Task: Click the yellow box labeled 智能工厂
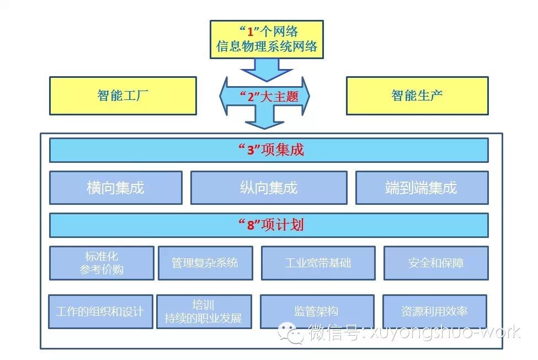(x=122, y=96)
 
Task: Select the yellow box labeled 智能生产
(x=417, y=96)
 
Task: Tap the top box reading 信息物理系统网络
(x=267, y=39)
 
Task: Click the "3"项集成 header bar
(x=269, y=150)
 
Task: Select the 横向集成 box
(x=115, y=188)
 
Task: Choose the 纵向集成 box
(x=269, y=188)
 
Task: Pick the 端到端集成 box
(x=422, y=188)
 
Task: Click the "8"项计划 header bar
(x=269, y=225)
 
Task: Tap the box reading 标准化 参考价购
(x=102, y=263)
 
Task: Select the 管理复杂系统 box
(x=205, y=263)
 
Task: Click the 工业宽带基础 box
(x=318, y=263)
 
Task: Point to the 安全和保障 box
(x=436, y=263)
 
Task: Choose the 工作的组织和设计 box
(x=100, y=311)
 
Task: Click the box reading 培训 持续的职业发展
(x=204, y=311)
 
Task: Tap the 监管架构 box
(x=317, y=311)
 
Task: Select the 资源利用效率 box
(x=434, y=311)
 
